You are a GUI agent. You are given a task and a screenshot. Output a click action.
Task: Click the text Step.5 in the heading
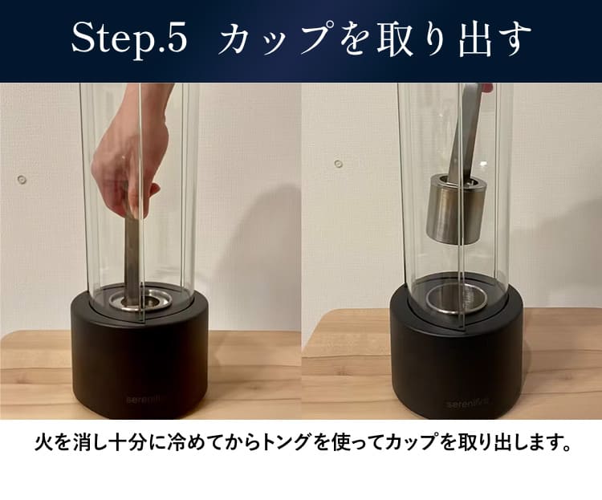[x=129, y=41]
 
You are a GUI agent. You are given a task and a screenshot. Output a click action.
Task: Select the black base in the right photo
[x=457, y=361]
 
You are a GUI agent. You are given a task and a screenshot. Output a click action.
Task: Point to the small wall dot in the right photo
[x=339, y=164]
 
